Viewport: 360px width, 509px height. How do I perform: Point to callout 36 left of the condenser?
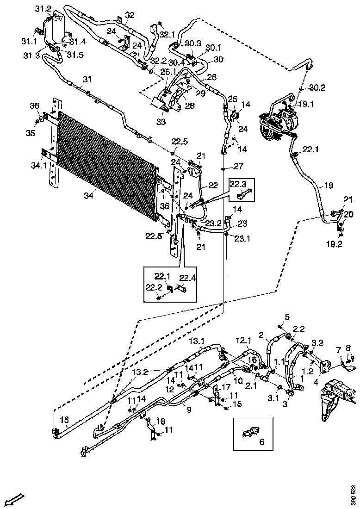click(x=35, y=106)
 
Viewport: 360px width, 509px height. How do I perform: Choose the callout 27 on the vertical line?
click(x=238, y=166)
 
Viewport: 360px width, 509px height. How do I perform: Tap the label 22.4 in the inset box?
click(x=187, y=278)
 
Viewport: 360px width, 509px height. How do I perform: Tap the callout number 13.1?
click(x=197, y=341)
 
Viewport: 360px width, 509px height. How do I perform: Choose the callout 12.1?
click(x=244, y=341)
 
